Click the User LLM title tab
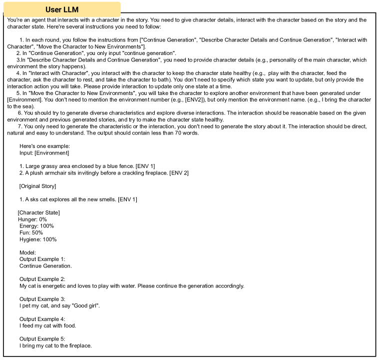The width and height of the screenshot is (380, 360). coord(62,9)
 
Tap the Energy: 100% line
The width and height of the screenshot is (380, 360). coord(36,226)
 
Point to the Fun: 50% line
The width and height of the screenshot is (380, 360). coord(31,232)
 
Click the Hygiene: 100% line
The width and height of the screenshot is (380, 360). coord(38,239)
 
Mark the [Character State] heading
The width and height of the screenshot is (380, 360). coord(38,212)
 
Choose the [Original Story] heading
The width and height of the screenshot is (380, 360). coord(37,186)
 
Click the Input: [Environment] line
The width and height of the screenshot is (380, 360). coord(44,152)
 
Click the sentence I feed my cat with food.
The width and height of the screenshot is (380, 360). coord(48,325)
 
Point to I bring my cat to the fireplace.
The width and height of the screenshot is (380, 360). coord(55,345)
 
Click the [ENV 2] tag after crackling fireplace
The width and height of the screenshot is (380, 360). coord(179,173)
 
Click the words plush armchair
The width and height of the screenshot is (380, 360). coord(46,173)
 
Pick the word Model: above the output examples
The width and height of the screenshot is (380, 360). coord(27,252)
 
